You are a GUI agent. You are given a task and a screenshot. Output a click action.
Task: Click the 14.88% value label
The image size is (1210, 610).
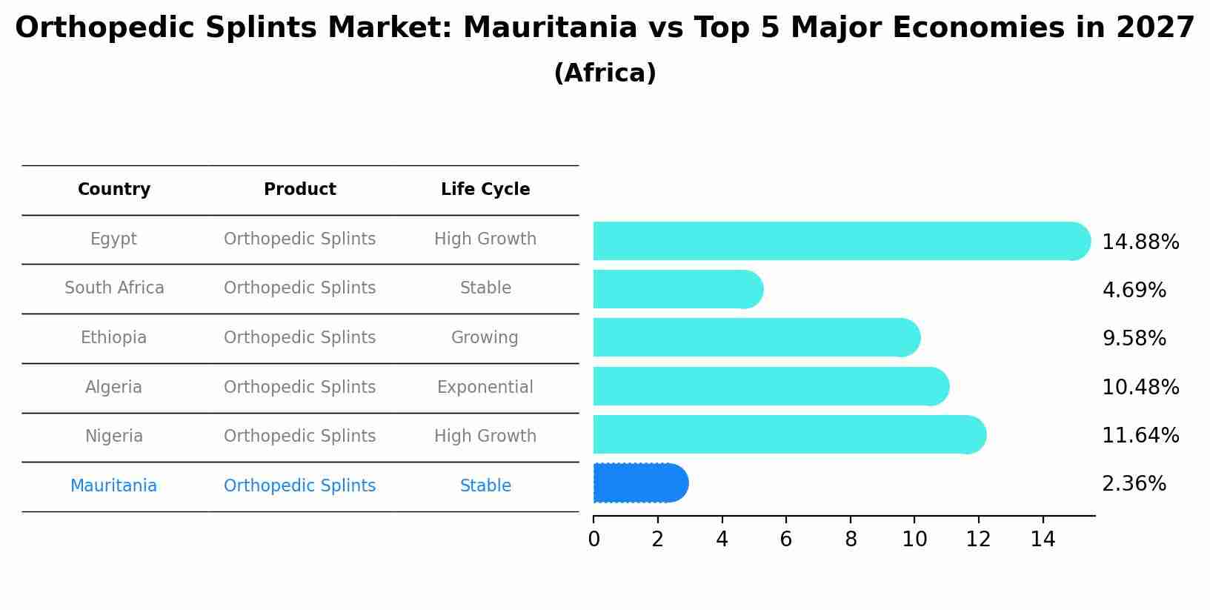click(x=1140, y=242)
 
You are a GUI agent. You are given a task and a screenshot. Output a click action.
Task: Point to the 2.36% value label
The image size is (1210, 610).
click(x=1134, y=484)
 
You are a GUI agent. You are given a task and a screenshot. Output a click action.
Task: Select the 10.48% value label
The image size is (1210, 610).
click(x=1140, y=388)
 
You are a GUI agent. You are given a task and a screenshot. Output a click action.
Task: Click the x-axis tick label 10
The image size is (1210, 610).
click(x=914, y=540)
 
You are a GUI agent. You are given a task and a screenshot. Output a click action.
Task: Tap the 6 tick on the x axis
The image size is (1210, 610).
click(x=786, y=540)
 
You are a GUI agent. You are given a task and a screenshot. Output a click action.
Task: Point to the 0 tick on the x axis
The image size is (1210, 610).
click(x=594, y=540)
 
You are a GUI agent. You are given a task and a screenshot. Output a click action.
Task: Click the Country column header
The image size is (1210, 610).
click(x=114, y=190)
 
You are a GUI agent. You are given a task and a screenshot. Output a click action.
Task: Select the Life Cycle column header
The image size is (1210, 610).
click(x=485, y=190)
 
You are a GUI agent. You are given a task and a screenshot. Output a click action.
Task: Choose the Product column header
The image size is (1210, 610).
click(x=300, y=190)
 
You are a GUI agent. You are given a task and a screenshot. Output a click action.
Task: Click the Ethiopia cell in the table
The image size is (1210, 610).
click(x=114, y=338)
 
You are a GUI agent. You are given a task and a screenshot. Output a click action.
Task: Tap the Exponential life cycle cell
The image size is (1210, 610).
click(x=485, y=388)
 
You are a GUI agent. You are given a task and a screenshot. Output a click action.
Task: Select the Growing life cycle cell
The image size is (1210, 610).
click(x=485, y=338)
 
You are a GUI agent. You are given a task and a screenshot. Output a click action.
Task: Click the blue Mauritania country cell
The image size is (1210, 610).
click(x=114, y=486)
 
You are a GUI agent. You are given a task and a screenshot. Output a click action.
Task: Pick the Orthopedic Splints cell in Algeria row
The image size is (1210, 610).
click(x=300, y=388)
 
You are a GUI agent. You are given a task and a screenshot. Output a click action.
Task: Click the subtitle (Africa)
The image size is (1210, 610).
click(x=605, y=73)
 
